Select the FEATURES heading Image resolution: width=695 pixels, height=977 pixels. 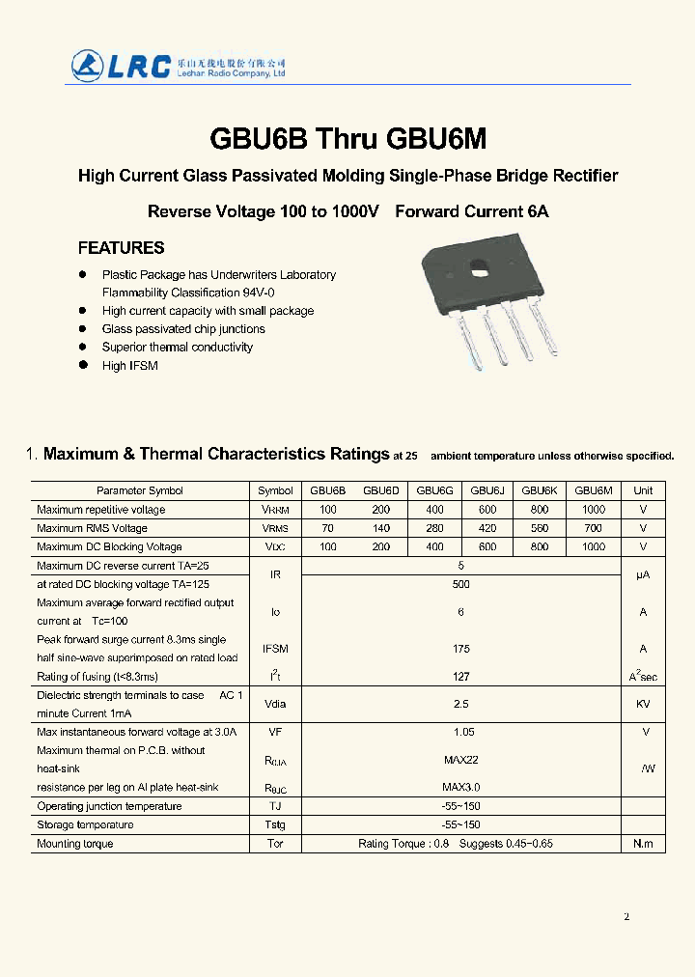point(121,248)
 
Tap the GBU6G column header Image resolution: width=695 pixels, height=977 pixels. point(434,490)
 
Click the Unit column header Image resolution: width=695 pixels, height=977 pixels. point(643,490)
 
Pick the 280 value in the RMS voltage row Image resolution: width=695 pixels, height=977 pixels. point(434,528)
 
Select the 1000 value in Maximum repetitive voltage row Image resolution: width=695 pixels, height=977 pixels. point(594,509)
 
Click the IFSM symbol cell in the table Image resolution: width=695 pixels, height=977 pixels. point(275,649)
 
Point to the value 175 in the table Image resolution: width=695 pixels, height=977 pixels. point(460,649)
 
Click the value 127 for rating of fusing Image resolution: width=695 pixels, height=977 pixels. point(460,677)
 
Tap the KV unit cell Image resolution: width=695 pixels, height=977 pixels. point(643,704)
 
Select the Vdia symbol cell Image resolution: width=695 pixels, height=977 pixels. point(275,704)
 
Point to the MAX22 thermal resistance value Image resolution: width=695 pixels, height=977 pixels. point(461,760)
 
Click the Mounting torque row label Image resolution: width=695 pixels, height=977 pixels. point(75,844)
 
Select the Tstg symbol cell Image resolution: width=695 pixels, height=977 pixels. point(275,825)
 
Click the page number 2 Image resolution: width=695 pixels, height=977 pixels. point(626,916)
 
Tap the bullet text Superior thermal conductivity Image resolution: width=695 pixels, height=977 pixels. point(178,347)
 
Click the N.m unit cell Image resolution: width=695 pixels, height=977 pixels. point(643,844)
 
